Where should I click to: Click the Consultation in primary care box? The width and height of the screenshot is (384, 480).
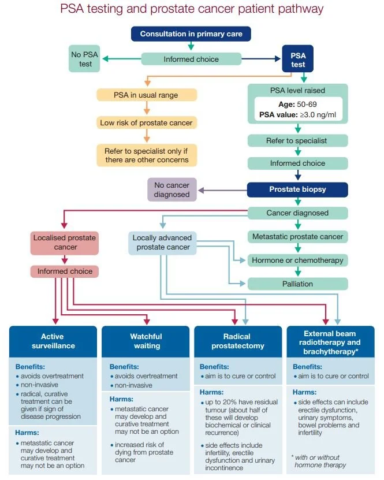(x=191, y=34)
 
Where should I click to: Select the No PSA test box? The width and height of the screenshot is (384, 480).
(x=85, y=58)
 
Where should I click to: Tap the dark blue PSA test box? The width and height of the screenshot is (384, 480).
(x=297, y=59)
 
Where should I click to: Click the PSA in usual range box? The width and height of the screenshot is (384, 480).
(x=146, y=95)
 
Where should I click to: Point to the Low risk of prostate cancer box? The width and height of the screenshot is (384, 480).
(x=146, y=122)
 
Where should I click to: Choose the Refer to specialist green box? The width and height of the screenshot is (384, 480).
(x=297, y=140)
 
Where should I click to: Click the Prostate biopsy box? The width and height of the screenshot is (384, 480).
(x=297, y=189)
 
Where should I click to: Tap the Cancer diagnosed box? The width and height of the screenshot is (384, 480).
(x=297, y=213)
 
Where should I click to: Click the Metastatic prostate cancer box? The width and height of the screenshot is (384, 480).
(x=297, y=237)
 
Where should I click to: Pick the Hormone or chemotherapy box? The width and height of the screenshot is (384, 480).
(x=297, y=261)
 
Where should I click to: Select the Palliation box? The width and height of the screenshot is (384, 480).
(x=297, y=284)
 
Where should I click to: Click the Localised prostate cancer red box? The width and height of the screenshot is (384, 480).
(x=65, y=243)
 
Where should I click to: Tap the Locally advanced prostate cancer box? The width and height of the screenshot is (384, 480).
(x=162, y=243)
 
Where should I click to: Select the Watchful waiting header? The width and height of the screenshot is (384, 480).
(x=146, y=341)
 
